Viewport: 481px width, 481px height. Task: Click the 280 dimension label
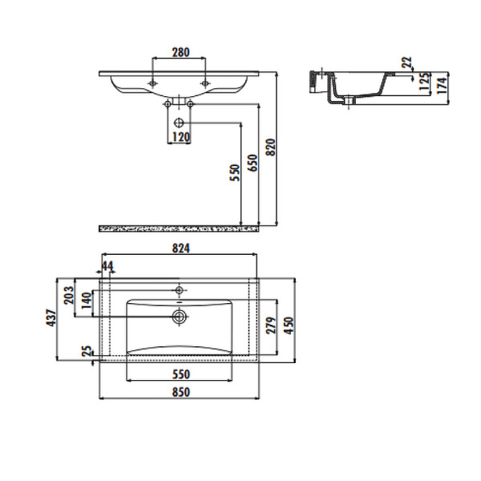[x=180, y=52]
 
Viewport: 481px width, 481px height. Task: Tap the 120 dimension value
[x=181, y=137]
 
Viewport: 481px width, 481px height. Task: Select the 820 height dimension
[x=271, y=148]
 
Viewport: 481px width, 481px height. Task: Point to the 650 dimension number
[x=253, y=163]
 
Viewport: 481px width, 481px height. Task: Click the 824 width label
[x=181, y=249]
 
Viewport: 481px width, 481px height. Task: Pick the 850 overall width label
[x=181, y=392]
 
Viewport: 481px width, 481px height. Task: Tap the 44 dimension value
[x=107, y=266]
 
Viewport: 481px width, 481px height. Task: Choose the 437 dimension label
[x=51, y=317]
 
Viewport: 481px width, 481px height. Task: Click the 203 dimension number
[x=69, y=295]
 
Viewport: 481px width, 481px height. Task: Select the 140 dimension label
[x=87, y=301]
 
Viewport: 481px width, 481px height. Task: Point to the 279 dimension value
[x=271, y=325]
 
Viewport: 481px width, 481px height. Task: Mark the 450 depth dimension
[x=289, y=325]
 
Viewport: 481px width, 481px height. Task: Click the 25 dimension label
[x=87, y=351]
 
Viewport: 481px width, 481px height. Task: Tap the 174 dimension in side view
[x=442, y=86]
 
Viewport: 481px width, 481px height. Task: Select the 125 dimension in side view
[x=425, y=81]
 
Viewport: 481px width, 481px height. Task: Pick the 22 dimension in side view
[x=406, y=63]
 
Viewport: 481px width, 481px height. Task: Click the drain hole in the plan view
[x=179, y=317]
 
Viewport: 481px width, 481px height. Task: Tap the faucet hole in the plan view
[x=179, y=290]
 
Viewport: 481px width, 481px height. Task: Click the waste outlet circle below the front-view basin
[x=179, y=123]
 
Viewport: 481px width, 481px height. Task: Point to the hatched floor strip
[x=179, y=228]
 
